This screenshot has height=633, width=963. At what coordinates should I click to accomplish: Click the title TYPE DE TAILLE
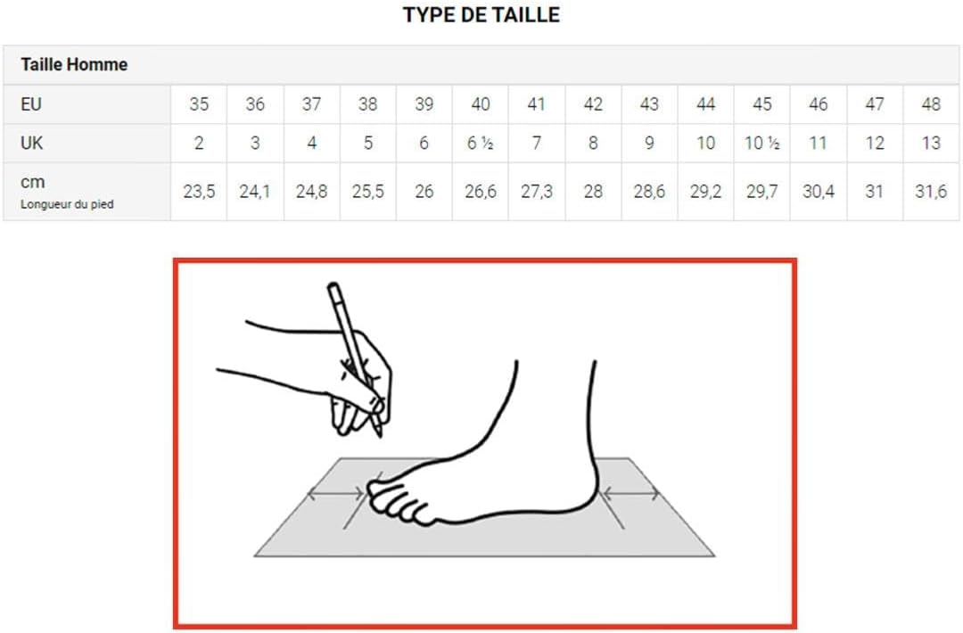pos(481,15)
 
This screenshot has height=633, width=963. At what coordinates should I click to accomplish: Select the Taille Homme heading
pos(74,64)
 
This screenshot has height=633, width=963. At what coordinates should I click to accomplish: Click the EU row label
pos(31,103)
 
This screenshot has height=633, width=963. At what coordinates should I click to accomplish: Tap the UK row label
pos(32,143)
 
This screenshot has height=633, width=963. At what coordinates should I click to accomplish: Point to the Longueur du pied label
pos(67,204)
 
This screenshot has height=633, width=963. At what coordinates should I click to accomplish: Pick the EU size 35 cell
pos(199,103)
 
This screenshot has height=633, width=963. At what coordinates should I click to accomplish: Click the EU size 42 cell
pos(593,103)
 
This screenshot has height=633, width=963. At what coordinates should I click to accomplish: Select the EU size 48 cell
pos(931,103)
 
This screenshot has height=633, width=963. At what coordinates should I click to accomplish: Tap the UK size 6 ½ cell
pos(481,143)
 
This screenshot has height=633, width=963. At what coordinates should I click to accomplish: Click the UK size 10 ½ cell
pos(762,143)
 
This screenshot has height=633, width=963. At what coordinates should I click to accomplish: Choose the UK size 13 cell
pos(931,143)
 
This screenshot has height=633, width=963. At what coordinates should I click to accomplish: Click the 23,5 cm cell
pos(199,192)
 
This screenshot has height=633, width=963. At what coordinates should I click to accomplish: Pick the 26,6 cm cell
pos(481,192)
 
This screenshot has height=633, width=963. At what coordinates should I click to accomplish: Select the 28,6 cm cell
pos(650,192)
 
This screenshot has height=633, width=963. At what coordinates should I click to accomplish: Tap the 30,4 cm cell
pos(819,192)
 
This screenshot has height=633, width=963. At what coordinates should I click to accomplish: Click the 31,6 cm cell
pos(931,192)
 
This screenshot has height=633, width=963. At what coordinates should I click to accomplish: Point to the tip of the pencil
pos(380,437)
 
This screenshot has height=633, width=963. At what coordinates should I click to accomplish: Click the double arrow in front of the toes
pos(335,493)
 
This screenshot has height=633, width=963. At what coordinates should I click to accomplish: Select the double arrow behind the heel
pos(631,493)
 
